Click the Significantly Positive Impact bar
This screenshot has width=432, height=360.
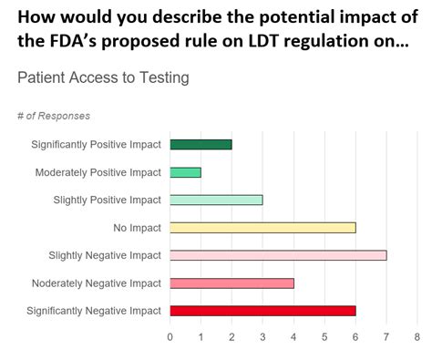(201, 144)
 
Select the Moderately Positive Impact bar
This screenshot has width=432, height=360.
(185, 172)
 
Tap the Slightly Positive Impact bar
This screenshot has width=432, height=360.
(216, 200)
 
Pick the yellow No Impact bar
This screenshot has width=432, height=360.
(262, 227)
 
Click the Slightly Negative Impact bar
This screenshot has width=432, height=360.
(278, 255)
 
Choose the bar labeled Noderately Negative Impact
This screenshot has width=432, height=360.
(231, 283)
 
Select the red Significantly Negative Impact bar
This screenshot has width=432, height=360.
(262, 311)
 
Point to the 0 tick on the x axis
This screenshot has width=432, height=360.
(170, 336)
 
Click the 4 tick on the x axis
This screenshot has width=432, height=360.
(293, 336)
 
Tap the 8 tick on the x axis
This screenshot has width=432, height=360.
(417, 336)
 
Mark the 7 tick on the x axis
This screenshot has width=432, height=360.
(386, 336)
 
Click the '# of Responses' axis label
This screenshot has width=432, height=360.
(54, 116)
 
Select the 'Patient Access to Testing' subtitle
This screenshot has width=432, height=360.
(103, 78)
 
